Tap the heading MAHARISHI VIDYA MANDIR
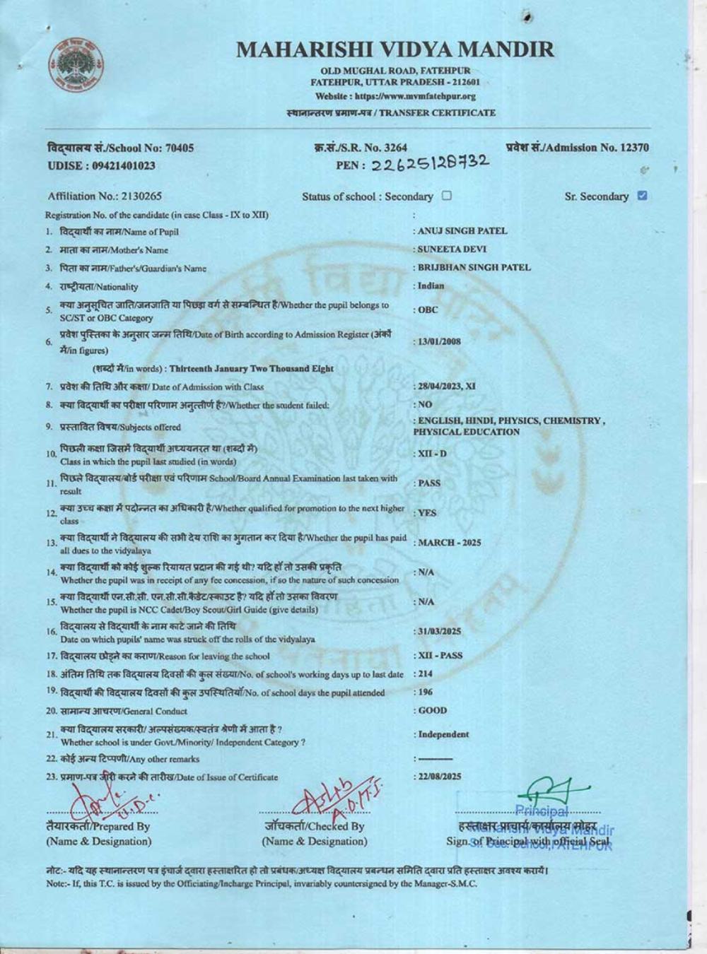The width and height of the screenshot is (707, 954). click(x=395, y=49)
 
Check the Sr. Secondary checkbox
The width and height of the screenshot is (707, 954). click(x=642, y=196)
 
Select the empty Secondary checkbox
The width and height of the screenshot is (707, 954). click(x=447, y=196)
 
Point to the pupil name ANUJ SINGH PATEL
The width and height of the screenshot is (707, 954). click(x=462, y=231)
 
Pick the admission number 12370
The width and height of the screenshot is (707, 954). click(x=634, y=148)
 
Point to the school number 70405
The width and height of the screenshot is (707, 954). click(x=179, y=148)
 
